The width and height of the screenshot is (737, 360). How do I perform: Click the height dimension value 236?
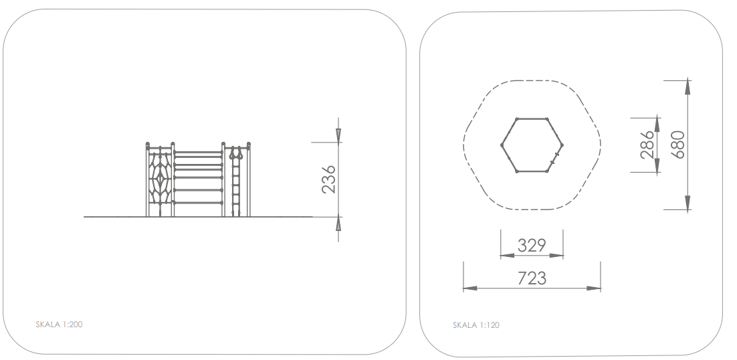(x=328, y=179)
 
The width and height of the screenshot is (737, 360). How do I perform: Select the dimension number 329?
(x=532, y=246)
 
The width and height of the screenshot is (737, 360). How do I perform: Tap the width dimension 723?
(x=532, y=278)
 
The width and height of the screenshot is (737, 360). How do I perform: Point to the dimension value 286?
(x=647, y=145)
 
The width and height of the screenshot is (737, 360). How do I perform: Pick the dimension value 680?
(x=677, y=145)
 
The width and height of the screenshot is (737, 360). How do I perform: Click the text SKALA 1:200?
(x=60, y=325)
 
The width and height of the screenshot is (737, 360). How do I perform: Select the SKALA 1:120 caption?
(x=476, y=325)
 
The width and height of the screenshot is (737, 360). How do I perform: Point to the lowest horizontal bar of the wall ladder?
(x=198, y=203)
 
